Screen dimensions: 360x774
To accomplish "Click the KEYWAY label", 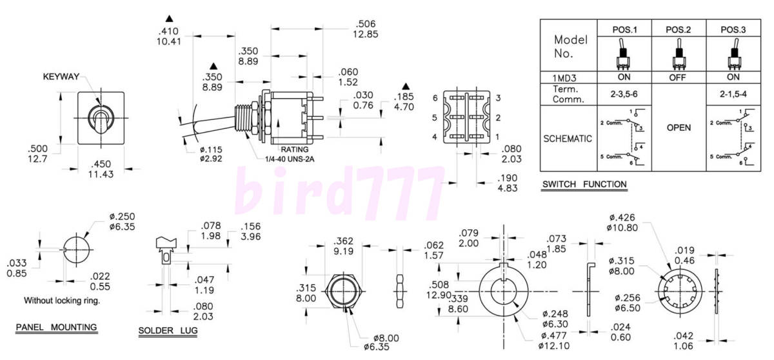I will click(61, 77).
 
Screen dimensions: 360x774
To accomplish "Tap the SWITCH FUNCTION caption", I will click(584, 185).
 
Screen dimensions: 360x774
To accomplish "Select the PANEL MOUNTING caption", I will click(56, 327).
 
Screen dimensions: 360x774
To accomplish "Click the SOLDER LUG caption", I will click(168, 332).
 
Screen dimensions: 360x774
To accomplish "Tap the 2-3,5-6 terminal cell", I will click(624, 93).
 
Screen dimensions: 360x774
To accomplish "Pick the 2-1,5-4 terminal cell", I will click(733, 93).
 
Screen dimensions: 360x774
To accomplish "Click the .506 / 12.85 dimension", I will click(365, 29).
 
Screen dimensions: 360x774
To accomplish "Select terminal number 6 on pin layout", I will click(435, 98).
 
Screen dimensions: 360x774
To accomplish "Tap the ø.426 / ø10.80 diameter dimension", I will click(623, 221).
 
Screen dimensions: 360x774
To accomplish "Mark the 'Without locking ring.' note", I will click(62, 300).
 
